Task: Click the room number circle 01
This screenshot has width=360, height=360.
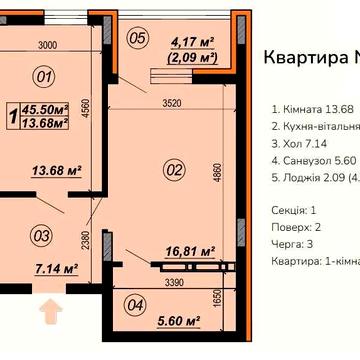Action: tap(42, 74)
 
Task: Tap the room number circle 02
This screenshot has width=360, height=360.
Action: tap(174, 170)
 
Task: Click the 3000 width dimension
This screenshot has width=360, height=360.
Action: tap(39, 46)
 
